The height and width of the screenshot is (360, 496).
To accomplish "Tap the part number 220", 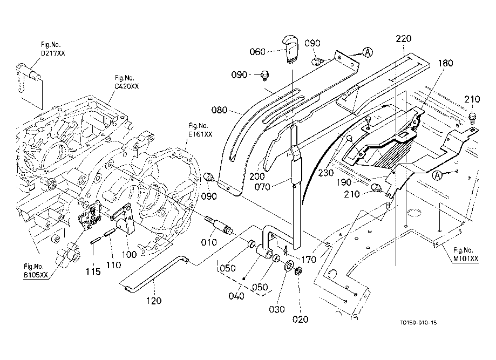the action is (x=404, y=39).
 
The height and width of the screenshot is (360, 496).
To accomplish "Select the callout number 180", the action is (x=445, y=63).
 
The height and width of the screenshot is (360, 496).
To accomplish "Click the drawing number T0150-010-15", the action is (x=418, y=323).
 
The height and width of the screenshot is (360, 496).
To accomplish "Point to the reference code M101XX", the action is (x=466, y=259).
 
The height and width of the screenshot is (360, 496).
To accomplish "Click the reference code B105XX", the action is (x=36, y=275).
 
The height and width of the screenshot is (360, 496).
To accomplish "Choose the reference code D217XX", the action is (x=53, y=53).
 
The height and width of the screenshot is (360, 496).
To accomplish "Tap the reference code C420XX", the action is (x=126, y=86).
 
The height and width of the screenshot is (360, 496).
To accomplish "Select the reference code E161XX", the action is (x=200, y=134).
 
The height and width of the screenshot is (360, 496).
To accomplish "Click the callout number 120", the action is (x=154, y=301).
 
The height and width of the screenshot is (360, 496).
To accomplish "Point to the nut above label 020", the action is (x=298, y=270).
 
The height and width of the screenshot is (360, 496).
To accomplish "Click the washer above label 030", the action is (x=289, y=266).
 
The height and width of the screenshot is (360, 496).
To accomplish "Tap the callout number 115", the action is (x=93, y=271).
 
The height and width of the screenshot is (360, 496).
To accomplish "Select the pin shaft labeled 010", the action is (x=219, y=225).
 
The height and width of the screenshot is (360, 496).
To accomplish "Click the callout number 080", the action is (x=219, y=110).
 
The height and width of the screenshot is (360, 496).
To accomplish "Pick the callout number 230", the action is (x=326, y=173).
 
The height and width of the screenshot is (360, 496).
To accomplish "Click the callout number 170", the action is (x=309, y=260).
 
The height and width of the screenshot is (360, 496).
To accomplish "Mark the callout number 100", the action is (x=129, y=254).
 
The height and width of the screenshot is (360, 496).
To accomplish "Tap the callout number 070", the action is (x=262, y=187).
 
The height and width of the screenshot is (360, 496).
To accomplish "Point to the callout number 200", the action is (x=257, y=176).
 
